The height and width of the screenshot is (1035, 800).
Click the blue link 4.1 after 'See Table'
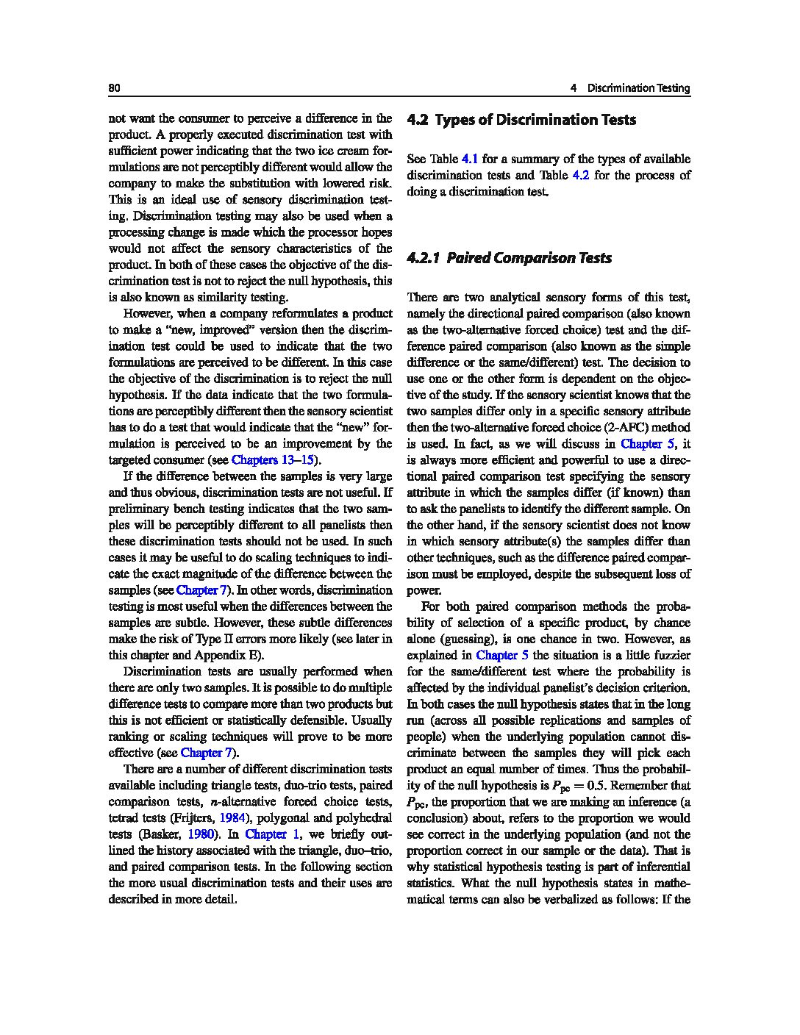tap(470, 159)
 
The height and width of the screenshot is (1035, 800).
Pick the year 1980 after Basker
tap(201, 834)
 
